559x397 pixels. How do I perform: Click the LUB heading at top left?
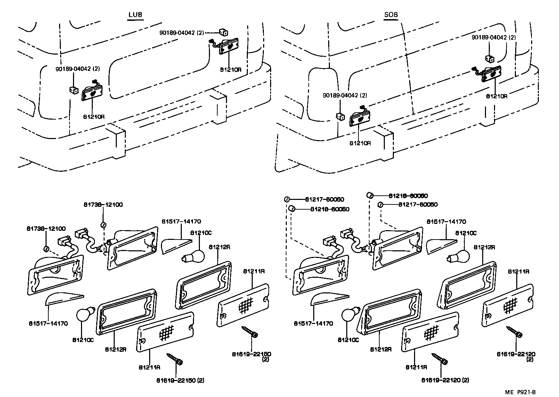[135, 15]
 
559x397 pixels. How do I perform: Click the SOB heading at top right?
[391, 15]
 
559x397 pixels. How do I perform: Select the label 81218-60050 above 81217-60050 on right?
[408, 196]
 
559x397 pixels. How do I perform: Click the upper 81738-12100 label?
[103, 205]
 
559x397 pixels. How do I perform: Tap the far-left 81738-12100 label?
[46, 228]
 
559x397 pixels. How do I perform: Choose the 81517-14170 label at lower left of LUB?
[48, 323]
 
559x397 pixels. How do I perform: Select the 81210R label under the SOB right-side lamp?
[496, 96]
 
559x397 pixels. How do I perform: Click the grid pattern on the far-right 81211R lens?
[510, 306]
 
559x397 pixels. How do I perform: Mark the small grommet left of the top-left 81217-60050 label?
[287, 199]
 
